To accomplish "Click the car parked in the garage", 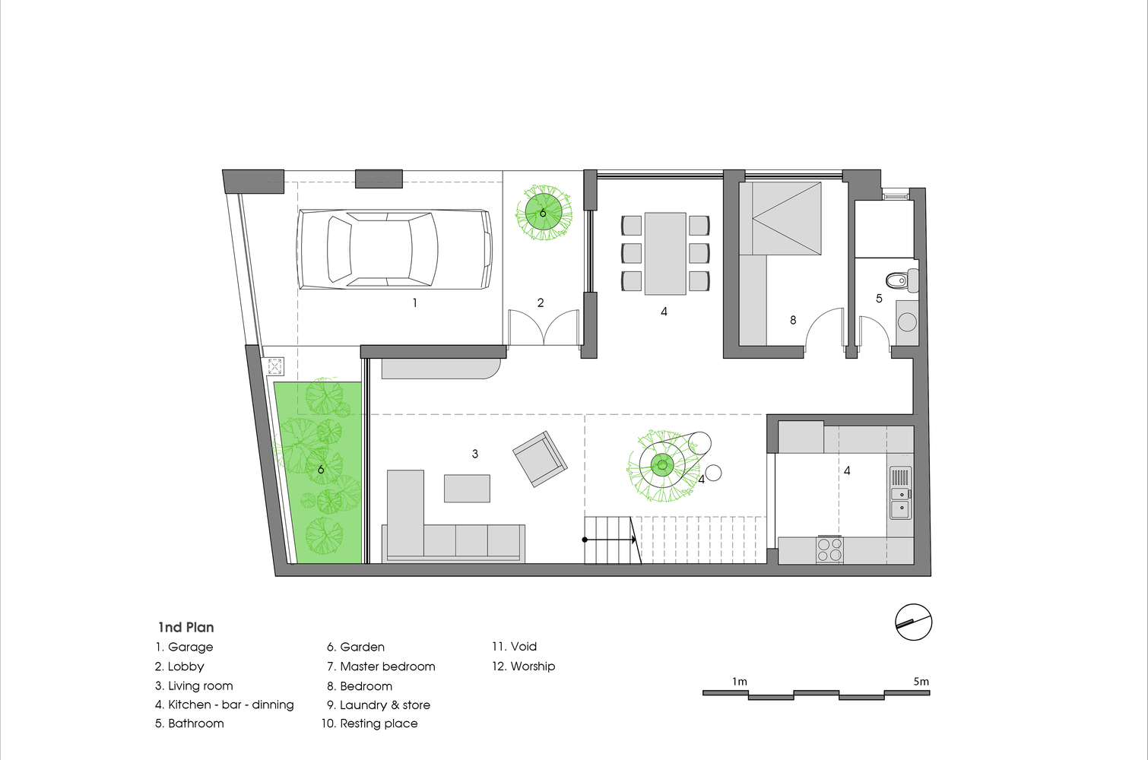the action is click(x=394, y=249).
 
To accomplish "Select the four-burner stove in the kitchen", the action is click(x=829, y=550).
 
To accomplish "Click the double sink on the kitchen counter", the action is click(x=900, y=492).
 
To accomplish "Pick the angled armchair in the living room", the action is click(x=541, y=459).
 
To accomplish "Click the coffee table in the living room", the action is click(x=467, y=489).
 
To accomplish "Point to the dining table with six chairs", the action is click(x=665, y=254).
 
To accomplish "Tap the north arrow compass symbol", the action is click(x=913, y=622).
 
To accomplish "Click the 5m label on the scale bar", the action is click(x=921, y=682).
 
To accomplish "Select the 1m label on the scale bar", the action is click(x=740, y=682).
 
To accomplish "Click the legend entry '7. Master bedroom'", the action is click(x=381, y=667).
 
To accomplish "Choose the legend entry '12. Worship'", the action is click(x=523, y=667).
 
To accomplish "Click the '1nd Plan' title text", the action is click(x=186, y=627).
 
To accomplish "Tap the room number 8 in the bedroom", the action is click(x=793, y=320).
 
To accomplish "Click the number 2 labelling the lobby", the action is click(x=541, y=303).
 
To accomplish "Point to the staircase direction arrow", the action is click(x=610, y=540).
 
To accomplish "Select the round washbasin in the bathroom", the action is click(x=907, y=323).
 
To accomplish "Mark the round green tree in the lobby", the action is click(x=544, y=213).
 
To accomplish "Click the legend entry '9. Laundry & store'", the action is click(x=378, y=705).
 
